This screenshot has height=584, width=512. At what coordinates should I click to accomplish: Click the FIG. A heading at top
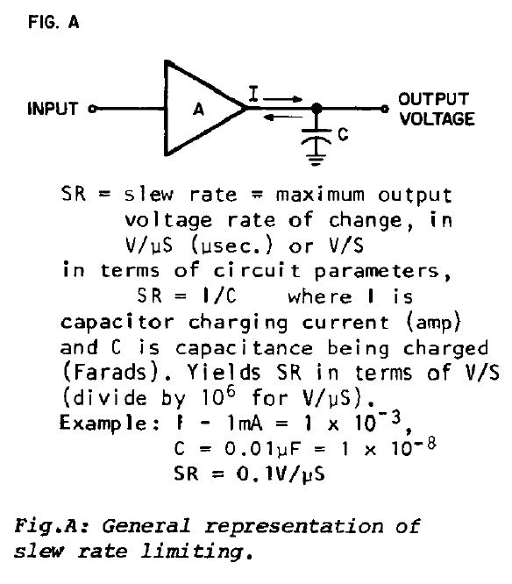[53, 22]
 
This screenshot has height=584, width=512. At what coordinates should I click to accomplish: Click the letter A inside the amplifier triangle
[198, 110]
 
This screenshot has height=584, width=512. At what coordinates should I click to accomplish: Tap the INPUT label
[53, 109]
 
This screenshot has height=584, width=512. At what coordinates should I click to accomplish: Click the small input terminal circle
[92, 109]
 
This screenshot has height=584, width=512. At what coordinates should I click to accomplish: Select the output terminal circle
[385, 109]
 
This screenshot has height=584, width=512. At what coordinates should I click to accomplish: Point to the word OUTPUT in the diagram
[433, 99]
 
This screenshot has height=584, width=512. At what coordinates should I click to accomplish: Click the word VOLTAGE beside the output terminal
[437, 118]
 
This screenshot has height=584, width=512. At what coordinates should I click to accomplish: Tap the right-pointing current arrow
[282, 99]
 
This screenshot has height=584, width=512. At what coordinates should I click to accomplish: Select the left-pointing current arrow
[282, 118]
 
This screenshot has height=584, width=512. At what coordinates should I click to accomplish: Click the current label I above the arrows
[253, 94]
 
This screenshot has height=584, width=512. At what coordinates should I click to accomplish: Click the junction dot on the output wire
[316, 109]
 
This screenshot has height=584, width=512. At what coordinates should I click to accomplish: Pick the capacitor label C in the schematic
[343, 134]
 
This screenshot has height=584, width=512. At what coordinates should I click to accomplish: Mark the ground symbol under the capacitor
[316, 160]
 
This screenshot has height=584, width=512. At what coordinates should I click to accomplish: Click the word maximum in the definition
[320, 195]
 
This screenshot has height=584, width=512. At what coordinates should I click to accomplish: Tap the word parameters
[376, 272]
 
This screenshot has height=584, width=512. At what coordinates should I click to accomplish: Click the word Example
[103, 424]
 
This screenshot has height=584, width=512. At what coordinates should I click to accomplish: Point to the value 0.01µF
[262, 449]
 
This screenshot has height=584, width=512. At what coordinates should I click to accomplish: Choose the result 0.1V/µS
[281, 474]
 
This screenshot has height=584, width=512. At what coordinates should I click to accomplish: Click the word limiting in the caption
[193, 551]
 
